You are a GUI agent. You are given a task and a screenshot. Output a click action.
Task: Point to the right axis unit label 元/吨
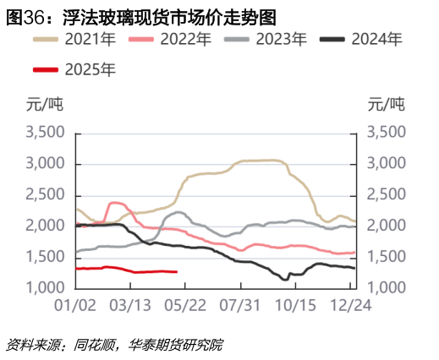coord(387,105)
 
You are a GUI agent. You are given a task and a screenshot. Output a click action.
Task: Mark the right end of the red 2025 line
coord(176,271)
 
